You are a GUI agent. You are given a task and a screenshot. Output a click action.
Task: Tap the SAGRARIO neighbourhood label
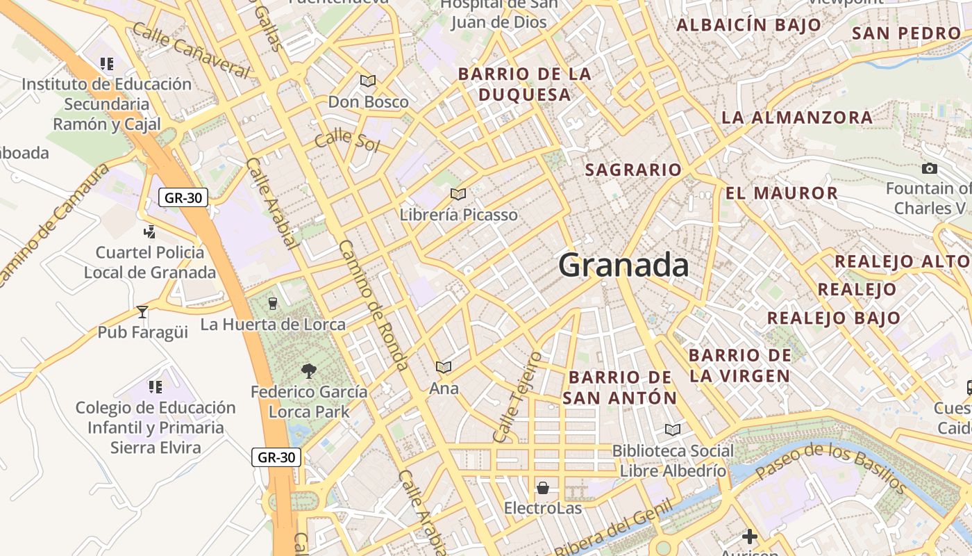[633, 170]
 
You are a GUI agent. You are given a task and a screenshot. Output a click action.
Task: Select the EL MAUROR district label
[782, 193]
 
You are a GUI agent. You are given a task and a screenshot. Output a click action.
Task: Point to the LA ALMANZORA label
[797, 117]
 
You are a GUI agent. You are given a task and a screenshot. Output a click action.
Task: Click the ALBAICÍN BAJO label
[748, 25]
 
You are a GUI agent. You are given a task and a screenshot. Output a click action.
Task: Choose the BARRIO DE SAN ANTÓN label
[619, 388]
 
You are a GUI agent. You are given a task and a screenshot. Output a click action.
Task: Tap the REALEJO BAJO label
[834, 318]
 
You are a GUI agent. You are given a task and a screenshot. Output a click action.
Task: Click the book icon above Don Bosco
[368, 81]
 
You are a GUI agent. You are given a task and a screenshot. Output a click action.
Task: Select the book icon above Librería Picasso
[458, 194]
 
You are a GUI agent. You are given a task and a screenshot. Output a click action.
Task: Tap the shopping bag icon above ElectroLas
[543, 487]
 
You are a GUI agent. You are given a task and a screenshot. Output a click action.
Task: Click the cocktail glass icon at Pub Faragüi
[142, 311]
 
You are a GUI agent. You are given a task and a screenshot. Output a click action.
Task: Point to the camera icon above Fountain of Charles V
[929, 168]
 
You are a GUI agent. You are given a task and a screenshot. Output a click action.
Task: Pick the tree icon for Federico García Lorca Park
[309, 371]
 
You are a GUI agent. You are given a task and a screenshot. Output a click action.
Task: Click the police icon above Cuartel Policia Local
[149, 231]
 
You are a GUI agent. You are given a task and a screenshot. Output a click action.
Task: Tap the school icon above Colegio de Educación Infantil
[156, 386]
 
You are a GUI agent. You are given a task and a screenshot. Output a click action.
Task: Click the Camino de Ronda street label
[374, 306]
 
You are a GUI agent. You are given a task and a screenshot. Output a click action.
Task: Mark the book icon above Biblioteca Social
[672, 430]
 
